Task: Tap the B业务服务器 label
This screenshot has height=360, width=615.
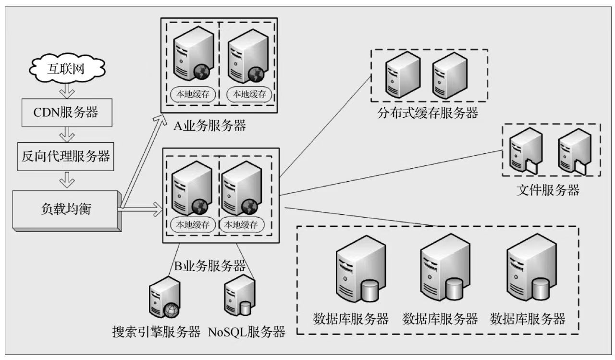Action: (209, 265)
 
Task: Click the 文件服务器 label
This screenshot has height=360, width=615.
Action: (548, 190)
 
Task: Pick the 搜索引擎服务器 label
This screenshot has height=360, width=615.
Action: (156, 332)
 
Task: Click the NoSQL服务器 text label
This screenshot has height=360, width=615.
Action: (246, 332)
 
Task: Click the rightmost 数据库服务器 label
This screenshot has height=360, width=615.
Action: (527, 319)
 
